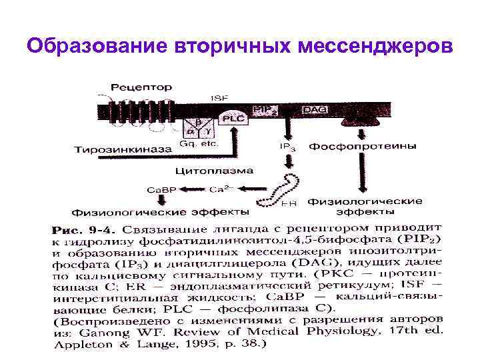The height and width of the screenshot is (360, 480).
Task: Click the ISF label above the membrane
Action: pyautogui.click(x=219, y=98)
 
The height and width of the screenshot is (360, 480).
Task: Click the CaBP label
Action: pyautogui.click(x=161, y=190)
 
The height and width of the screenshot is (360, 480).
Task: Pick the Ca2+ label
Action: pyautogui.click(x=221, y=189)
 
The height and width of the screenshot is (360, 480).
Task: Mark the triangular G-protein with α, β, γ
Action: pyautogui.click(x=197, y=125)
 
